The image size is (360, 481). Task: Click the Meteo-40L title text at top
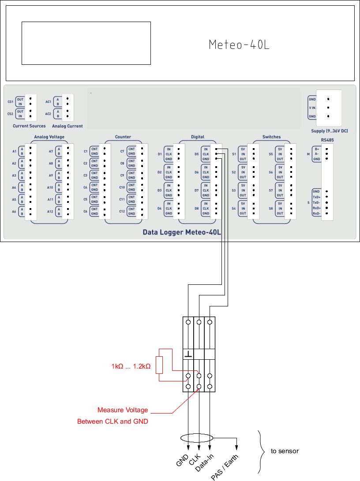click(239, 45)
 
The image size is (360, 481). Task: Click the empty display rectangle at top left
click(86, 43)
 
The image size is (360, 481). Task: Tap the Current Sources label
click(29, 126)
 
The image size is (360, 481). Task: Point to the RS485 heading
click(327, 140)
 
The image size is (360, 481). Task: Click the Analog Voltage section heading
click(49, 137)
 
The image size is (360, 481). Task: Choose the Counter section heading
click(123, 137)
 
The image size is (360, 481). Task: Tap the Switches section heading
click(271, 137)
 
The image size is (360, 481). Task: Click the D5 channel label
click(197, 154)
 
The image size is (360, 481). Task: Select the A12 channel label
click(50, 212)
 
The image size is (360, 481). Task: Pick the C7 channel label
click(122, 151)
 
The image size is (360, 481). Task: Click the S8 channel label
click(270, 208)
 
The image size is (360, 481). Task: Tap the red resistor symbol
click(160, 365)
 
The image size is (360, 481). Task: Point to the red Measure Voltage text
click(123, 410)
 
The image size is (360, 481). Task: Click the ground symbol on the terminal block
click(188, 354)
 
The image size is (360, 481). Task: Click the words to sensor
click(285, 451)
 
